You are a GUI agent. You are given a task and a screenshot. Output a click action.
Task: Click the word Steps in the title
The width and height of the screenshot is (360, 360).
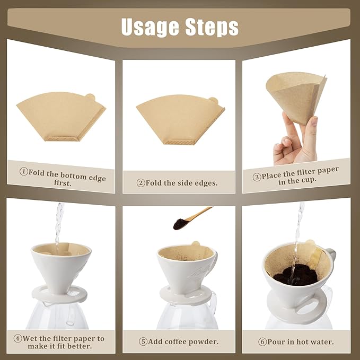point(211,26)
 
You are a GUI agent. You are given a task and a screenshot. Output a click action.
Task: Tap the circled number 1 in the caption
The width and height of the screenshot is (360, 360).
point(24,171)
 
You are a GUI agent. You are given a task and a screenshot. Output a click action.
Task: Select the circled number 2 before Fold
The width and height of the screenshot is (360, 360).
point(141,183)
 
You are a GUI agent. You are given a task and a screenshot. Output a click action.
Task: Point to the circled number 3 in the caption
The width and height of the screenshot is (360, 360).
point(257,177)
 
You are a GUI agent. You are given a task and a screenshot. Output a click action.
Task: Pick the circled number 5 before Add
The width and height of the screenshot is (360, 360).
point(143,341)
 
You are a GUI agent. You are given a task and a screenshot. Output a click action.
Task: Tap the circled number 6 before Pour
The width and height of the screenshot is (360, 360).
point(262,341)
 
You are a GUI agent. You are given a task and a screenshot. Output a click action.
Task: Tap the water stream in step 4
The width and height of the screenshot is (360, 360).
point(58,223)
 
